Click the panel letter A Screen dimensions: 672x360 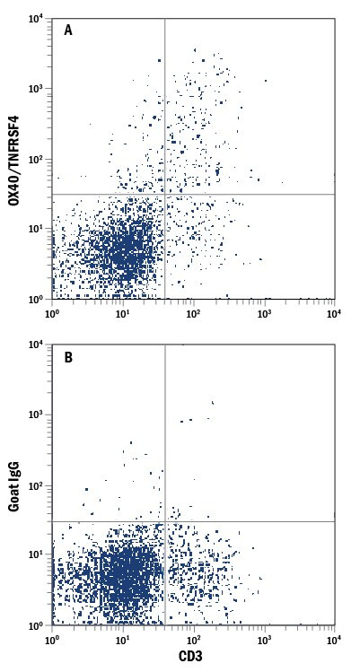tap(68, 30)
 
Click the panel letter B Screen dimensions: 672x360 tap(68, 356)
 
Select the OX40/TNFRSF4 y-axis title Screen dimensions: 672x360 tap(14, 158)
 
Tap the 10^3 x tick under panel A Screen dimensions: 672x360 tap(264, 311)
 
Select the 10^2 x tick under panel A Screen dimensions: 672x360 tap(193, 311)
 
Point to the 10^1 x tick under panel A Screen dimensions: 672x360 tap(123, 311)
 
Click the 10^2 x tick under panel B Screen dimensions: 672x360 tap(193, 638)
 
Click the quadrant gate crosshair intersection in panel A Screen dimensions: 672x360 tap(165, 194)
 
